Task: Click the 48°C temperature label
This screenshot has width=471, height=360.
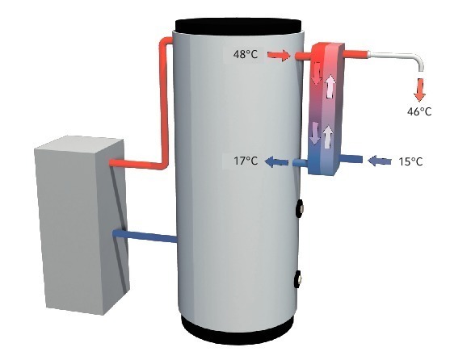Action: tap(246, 55)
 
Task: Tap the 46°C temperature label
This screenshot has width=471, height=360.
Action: tap(419, 112)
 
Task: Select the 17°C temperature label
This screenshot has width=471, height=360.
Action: tap(246, 161)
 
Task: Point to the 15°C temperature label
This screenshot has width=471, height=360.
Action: tap(410, 161)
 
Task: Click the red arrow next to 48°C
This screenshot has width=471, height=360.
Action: tap(279, 56)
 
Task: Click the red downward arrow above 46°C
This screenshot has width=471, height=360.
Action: tap(419, 89)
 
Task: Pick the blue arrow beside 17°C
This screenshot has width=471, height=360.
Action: tap(276, 161)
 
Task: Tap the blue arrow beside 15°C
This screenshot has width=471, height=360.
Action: tap(380, 161)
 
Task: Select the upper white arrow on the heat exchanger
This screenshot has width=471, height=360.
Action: tap(330, 86)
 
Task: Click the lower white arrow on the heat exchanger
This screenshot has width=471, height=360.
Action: tap(328, 136)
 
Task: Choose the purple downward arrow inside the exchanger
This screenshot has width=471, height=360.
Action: tap(315, 132)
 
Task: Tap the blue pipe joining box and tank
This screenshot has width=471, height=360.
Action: tap(145, 236)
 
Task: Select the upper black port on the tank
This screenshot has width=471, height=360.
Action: tap(300, 207)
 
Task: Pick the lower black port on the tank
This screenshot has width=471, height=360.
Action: tap(298, 278)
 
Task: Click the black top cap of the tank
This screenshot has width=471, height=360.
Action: tap(238, 26)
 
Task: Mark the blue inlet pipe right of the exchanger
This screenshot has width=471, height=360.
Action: tap(351, 158)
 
